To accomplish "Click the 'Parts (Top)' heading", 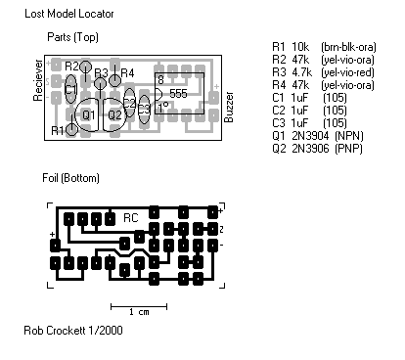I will pos(72,37).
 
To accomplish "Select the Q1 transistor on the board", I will pos(87,114).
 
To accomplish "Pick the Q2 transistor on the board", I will pos(114,114).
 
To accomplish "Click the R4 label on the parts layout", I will pos(127,73).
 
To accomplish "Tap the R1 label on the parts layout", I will pos(58,129).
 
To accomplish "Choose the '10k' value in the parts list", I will pos(300,46).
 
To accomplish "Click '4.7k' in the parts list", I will pos(301,71).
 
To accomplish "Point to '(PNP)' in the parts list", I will pos(349,148).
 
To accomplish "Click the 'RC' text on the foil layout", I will pos(130,217).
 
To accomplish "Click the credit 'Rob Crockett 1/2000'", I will pos(73,330).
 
